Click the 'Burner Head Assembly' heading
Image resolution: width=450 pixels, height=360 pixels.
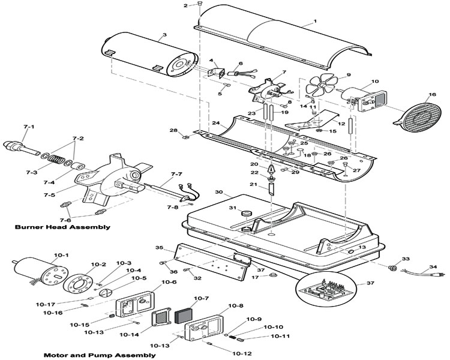click(x=63, y=227)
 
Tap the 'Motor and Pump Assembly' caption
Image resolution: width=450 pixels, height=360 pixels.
click(x=100, y=355)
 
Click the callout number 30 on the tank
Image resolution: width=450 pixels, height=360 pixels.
click(x=218, y=193)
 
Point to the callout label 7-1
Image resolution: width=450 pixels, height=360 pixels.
click(x=29, y=127)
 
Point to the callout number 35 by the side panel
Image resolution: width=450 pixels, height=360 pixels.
click(x=159, y=247)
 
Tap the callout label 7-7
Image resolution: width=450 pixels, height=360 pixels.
click(x=176, y=174)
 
